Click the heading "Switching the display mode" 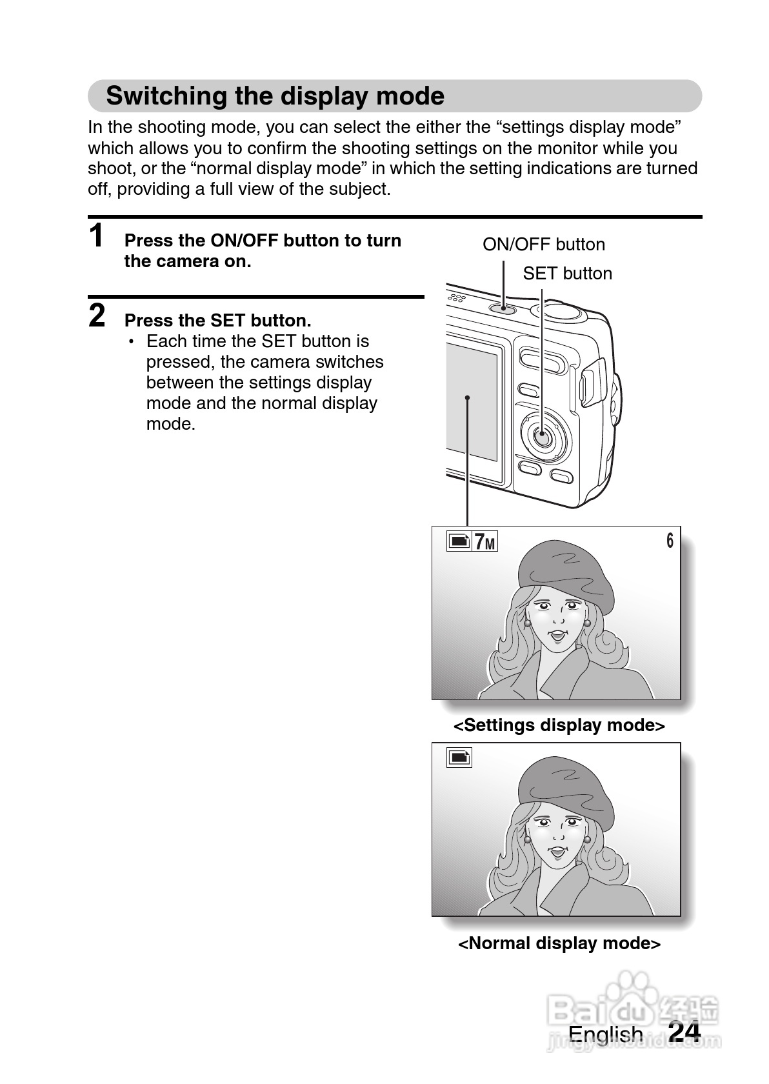275,96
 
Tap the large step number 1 97,236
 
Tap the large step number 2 97,316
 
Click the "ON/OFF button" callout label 543,245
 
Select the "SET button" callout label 567,274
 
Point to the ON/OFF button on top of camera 504,308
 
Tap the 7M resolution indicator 485,542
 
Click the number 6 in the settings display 670,541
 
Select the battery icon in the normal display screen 459,758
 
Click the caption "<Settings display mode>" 559,725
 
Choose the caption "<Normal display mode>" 559,943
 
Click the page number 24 684,1032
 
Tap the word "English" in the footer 605,1034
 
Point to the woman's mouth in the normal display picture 556,853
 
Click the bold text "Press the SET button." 217,321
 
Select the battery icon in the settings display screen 459,541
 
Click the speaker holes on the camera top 457,298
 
